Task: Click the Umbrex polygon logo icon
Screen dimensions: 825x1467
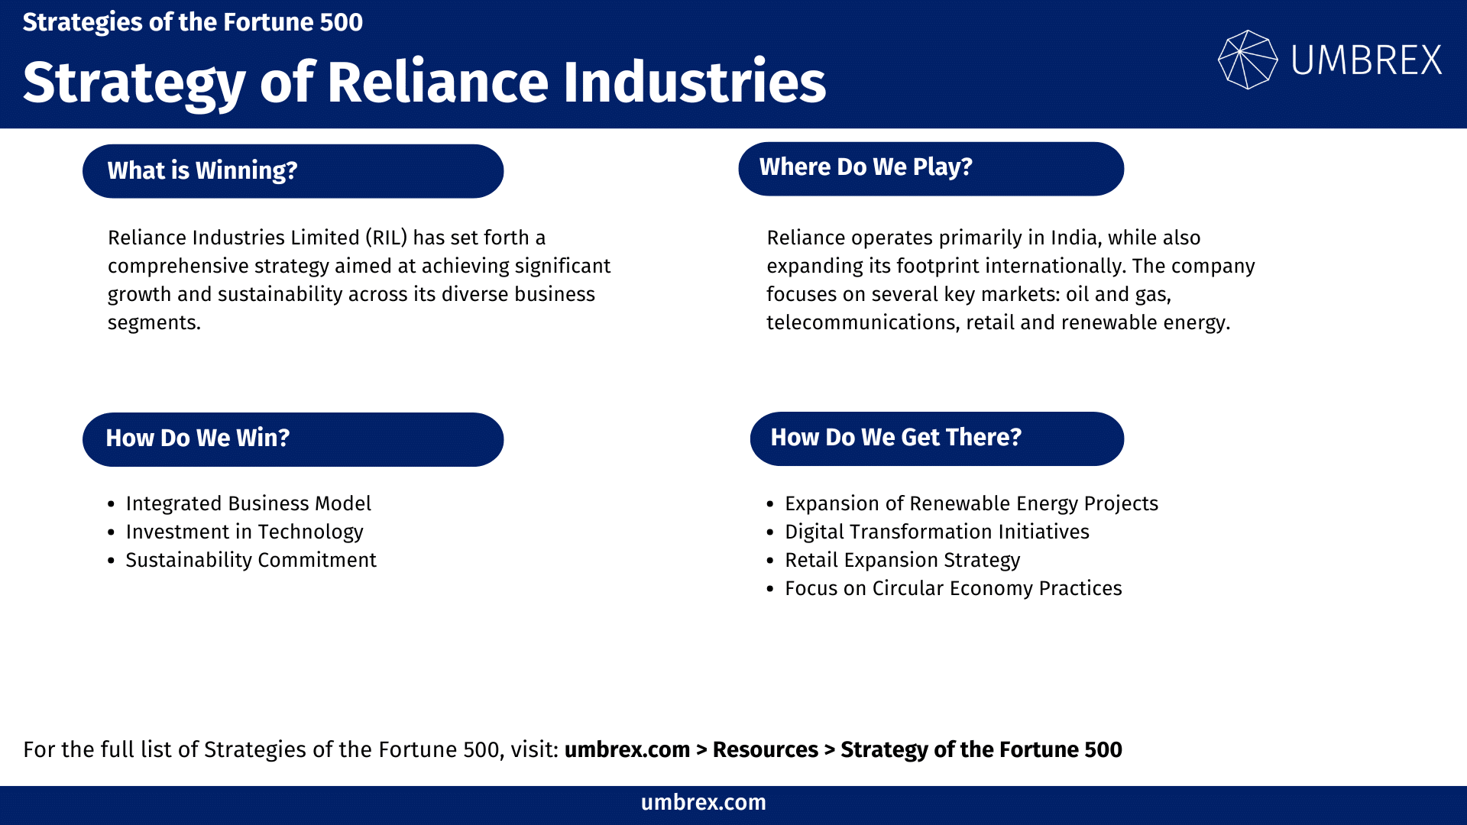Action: pos(1247,60)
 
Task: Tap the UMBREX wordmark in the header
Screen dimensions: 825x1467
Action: pos(1366,60)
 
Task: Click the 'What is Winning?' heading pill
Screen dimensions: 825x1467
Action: pos(293,170)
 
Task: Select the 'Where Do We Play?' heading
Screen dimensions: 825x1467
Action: pos(931,168)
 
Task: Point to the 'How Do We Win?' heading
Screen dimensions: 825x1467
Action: pos(293,438)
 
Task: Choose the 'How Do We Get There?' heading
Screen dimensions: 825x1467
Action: pos(937,438)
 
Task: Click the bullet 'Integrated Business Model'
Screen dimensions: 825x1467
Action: pos(248,503)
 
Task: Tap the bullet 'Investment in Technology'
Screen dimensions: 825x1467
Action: pos(244,532)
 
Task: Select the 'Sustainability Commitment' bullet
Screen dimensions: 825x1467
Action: pos(251,560)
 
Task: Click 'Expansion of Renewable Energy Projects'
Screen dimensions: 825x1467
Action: pos(971,503)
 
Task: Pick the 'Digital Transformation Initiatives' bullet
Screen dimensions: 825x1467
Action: pos(937,532)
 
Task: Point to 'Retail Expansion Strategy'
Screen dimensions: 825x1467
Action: pos(902,560)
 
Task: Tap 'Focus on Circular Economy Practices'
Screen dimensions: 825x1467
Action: pos(953,588)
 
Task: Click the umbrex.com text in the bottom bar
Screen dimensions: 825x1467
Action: pos(703,802)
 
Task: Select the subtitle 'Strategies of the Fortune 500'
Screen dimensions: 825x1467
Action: pos(193,22)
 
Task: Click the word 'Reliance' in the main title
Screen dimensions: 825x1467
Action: pos(438,82)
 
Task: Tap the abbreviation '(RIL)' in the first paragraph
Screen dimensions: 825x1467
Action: pos(386,238)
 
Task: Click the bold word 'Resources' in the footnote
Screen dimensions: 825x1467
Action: pos(765,749)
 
